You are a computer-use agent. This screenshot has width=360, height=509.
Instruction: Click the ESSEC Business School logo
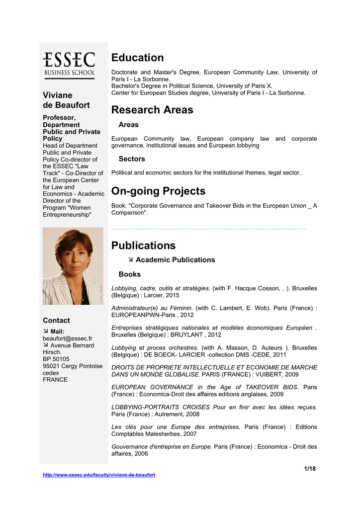point(69,64)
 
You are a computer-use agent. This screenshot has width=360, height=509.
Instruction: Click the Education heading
point(137,58)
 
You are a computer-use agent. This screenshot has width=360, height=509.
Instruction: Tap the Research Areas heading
point(152,110)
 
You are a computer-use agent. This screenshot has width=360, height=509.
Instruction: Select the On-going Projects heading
point(158,191)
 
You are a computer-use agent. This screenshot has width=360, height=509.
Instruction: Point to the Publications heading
point(144,246)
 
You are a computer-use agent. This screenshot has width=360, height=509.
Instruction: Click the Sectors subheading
point(132,159)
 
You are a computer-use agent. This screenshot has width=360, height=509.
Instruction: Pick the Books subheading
point(129,274)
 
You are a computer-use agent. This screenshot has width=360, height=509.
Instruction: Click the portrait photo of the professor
point(73,266)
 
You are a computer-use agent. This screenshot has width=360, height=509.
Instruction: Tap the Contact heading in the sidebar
point(56,321)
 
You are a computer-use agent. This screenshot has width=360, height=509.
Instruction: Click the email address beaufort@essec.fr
point(68,339)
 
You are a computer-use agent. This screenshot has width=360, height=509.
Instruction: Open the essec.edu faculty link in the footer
point(99,475)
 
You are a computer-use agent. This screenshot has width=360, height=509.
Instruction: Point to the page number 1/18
point(310,469)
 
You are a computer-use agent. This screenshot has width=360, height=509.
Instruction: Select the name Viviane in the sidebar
point(58,95)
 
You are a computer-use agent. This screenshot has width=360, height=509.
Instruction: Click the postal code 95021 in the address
point(52,366)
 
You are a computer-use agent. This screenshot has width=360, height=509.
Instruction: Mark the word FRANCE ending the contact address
point(55,380)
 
